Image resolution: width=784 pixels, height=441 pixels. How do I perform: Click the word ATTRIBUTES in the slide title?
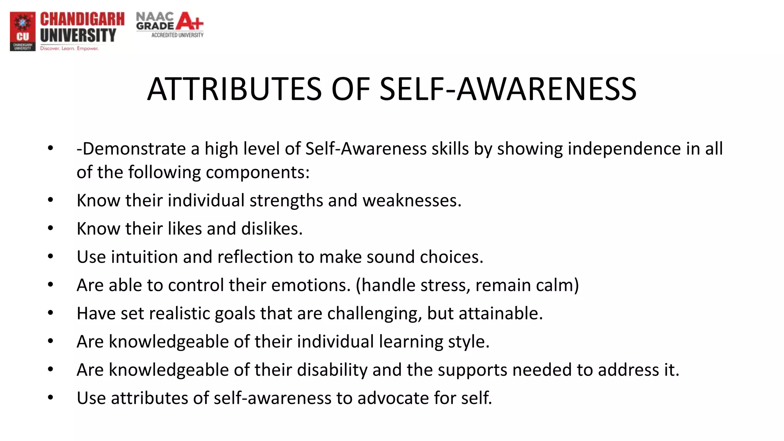[x=234, y=89]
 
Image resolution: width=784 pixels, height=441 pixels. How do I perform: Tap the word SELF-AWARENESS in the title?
[x=508, y=89]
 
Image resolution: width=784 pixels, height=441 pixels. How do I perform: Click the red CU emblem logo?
[x=23, y=31]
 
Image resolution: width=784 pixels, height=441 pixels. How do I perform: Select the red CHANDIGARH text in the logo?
[x=82, y=19]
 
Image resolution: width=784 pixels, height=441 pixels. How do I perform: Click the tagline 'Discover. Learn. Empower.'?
[x=69, y=49]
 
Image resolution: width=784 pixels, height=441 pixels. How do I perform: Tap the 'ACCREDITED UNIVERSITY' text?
[x=177, y=35]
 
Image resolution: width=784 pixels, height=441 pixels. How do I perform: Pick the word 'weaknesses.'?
[x=412, y=201]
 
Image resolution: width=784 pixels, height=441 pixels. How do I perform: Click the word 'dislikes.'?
[x=272, y=229]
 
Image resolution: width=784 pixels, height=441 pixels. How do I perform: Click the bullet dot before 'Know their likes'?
[x=51, y=228]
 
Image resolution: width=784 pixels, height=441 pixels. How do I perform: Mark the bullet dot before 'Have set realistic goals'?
[x=51, y=313]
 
